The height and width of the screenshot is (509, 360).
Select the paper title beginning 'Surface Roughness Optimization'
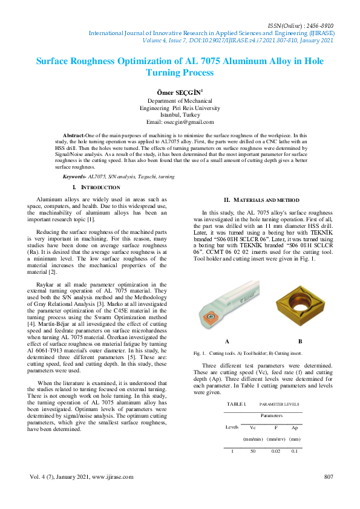(x=180, y=66)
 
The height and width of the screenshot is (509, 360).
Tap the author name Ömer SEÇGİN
(x=179, y=91)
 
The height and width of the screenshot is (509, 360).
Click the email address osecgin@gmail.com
(x=180, y=121)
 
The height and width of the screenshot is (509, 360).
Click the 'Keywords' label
(x=75, y=176)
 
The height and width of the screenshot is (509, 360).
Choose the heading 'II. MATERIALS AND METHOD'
(x=261, y=199)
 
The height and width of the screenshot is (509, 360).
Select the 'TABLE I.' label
(x=236, y=403)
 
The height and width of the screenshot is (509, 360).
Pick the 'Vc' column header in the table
(x=252, y=427)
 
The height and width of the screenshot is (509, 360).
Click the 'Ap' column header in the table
(x=295, y=427)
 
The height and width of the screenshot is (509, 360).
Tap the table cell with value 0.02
(x=276, y=451)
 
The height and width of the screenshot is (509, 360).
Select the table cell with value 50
(x=253, y=451)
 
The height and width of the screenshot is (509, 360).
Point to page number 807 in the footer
(x=329, y=477)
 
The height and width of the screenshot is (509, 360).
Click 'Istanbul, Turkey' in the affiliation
(x=180, y=114)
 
